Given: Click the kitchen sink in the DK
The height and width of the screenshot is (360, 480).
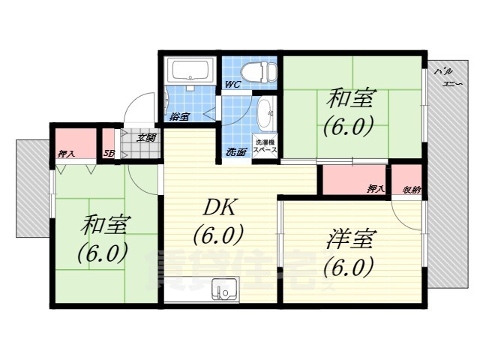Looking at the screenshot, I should pos(223,289).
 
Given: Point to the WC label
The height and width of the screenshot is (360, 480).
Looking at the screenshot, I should pos(233,85).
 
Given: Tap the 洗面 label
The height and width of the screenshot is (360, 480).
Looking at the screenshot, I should pos(237,152).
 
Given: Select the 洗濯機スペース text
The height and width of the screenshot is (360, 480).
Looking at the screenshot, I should pos(266,146).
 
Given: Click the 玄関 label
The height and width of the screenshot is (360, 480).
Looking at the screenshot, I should pos(146,138).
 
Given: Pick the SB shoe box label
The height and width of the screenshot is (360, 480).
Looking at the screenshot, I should pos(108,154).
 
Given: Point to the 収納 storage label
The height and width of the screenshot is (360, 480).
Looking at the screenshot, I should pos(412,189).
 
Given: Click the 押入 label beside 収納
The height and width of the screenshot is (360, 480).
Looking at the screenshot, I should pos(376,189).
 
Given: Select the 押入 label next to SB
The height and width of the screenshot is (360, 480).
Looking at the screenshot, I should pos(67,154).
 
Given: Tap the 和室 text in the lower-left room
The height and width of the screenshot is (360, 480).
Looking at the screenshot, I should pos(105,224).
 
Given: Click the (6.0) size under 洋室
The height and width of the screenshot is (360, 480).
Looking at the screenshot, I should pos(349,266).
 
